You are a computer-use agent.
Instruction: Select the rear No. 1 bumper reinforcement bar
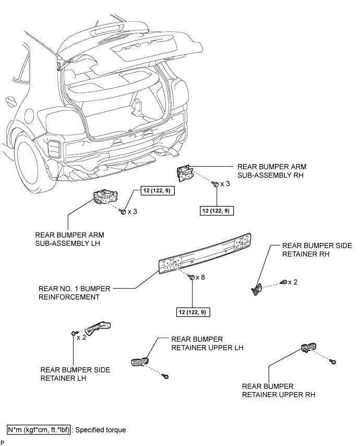pos(206,254)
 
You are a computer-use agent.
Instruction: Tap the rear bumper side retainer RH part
pos(257,287)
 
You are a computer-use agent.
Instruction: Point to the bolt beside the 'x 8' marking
pos(191,277)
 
